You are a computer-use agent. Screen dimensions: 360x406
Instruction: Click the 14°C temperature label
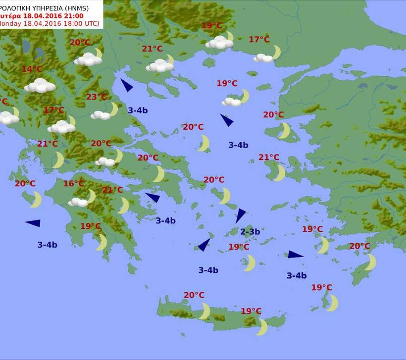[32, 69]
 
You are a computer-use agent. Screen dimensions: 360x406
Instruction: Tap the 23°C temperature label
[96, 97]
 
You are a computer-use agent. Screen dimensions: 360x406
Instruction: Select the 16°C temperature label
[74, 184]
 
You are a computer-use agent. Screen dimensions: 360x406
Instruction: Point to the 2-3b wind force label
[250, 231]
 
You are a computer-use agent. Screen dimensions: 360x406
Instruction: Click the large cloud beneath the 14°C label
[40, 86]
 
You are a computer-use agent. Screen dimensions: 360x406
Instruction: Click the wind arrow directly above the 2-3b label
[241, 215]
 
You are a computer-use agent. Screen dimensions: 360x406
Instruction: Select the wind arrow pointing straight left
[33, 223]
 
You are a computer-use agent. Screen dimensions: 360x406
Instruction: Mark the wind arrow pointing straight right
[295, 255]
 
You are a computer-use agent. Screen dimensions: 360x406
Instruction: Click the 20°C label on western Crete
[194, 295]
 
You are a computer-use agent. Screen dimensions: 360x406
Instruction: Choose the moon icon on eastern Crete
[262, 327]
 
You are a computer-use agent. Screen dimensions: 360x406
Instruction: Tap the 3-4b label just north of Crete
[208, 270]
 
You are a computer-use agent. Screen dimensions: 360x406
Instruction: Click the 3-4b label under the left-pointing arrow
[47, 244]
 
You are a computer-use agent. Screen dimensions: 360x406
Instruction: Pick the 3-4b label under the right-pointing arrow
[297, 276]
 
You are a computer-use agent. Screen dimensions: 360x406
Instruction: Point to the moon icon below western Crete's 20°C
[204, 311]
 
